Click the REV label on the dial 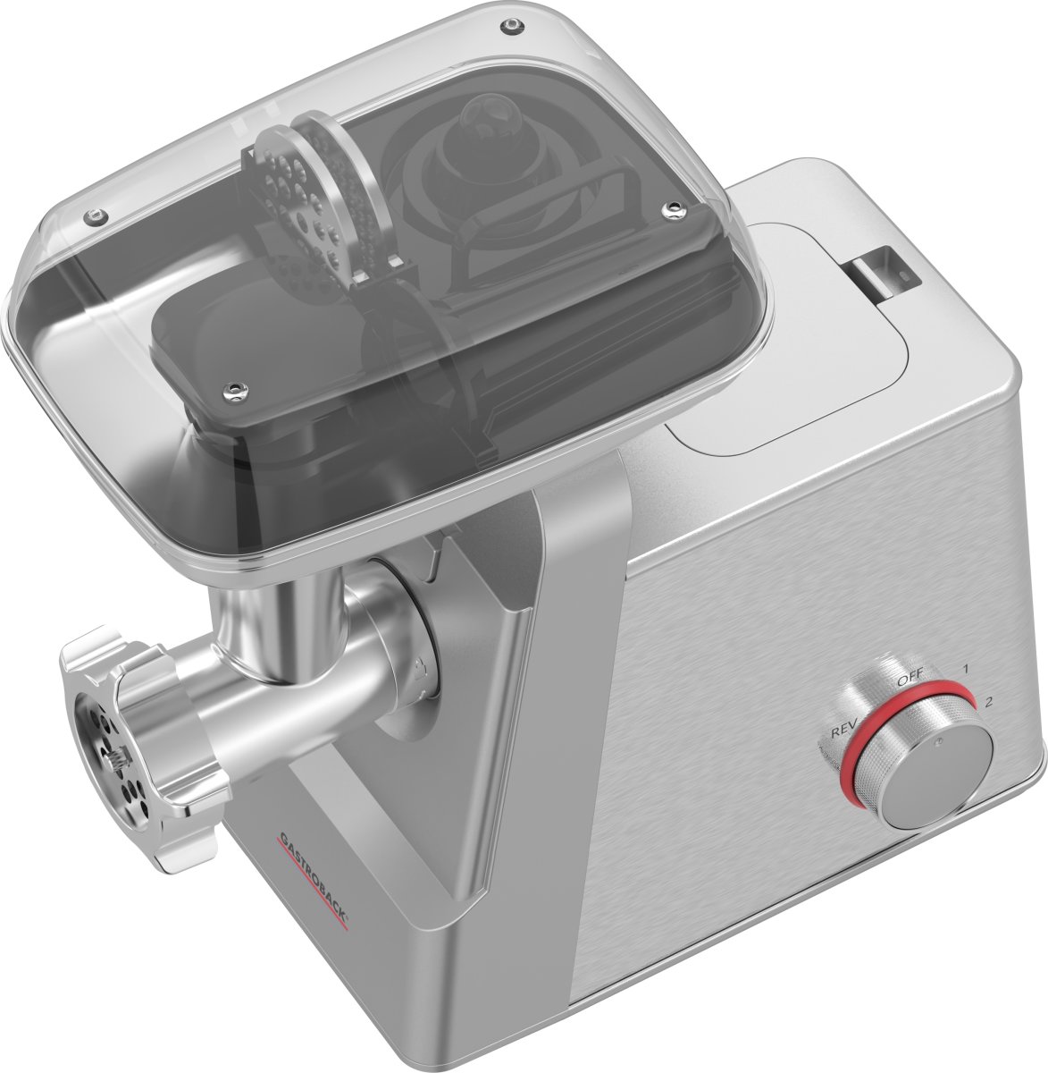click(x=843, y=731)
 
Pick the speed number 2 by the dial click(x=987, y=701)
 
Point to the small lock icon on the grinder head click(x=418, y=665)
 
